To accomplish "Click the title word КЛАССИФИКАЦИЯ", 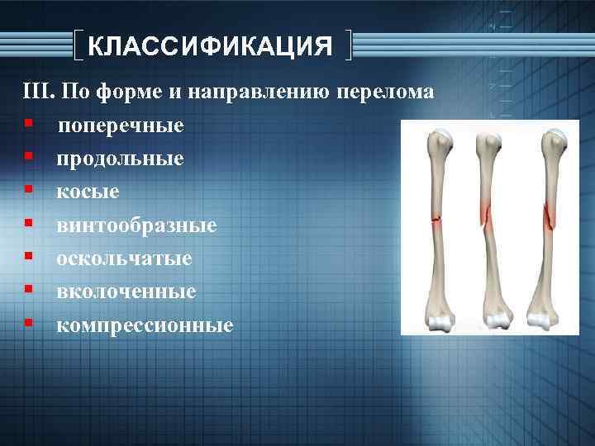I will point(210,45).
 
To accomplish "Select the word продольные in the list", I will point(120,159).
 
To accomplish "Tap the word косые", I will point(88,192).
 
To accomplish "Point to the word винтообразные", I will point(136,225).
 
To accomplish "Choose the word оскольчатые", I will point(124,259).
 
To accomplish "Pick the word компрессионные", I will point(145,325).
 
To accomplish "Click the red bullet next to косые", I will point(28,190).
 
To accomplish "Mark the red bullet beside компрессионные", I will point(28,324).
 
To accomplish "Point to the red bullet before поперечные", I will point(28,123).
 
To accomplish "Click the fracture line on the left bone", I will point(436,219).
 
